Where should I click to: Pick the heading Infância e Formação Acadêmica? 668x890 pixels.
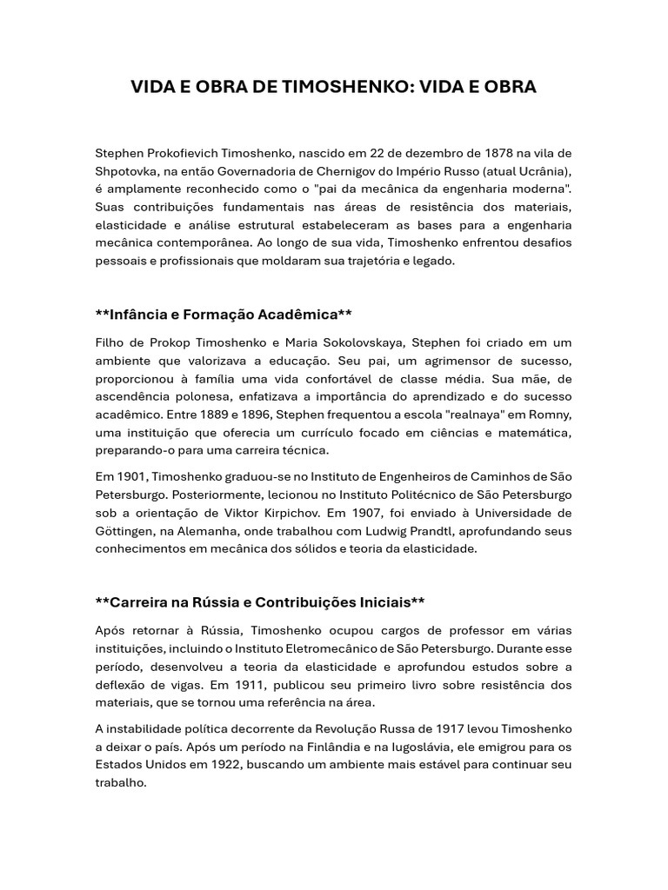click(x=224, y=314)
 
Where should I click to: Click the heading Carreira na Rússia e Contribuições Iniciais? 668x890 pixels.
click(x=260, y=602)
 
